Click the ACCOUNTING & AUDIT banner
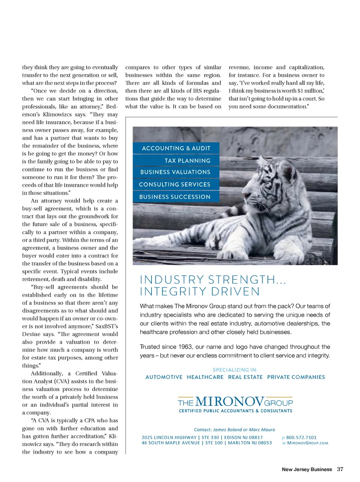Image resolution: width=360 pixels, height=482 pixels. [x=176, y=148]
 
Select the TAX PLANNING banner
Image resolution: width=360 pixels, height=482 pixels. [x=187, y=161]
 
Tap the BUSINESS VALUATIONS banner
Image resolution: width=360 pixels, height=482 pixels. [x=175, y=172]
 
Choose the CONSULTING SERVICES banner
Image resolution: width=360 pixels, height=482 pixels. [x=175, y=184]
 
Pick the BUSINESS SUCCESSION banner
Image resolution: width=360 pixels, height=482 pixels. [x=175, y=197]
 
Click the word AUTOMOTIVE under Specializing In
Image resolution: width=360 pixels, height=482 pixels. [x=164, y=377]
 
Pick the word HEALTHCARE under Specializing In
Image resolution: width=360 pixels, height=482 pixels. [x=205, y=377]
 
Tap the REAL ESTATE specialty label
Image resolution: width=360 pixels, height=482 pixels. [x=245, y=377]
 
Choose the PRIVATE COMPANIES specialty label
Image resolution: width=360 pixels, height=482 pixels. [x=296, y=377]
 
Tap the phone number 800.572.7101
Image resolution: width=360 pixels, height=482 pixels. [x=301, y=438]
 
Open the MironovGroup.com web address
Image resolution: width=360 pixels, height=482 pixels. [x=308, y=443]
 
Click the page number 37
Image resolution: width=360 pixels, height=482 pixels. [x=340, y=469]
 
